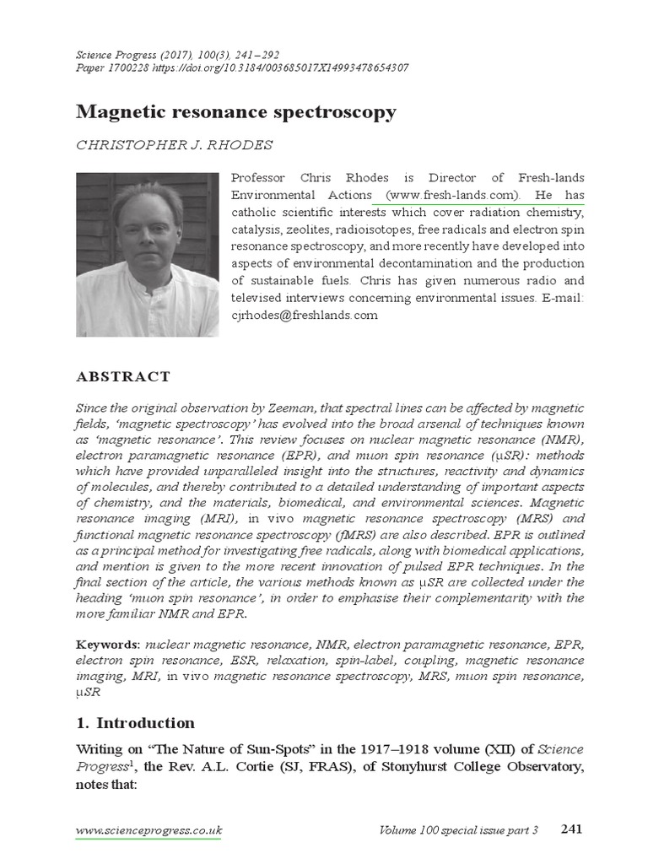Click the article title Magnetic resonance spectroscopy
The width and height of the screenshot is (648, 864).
pos(236,112)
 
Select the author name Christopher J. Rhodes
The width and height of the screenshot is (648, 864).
pos(175,145)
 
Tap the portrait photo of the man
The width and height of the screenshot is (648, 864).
pos(148,255)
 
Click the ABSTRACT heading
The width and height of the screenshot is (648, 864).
pos(123,377)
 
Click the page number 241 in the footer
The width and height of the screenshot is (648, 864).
pos(571,829)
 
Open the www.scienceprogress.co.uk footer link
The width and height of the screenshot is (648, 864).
pos(148,831)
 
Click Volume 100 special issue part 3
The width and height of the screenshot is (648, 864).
pos(459,831)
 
